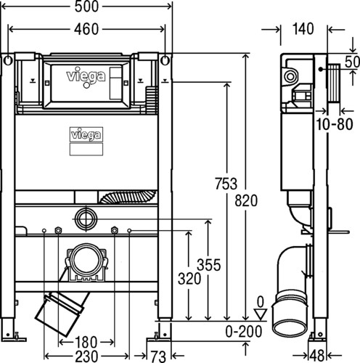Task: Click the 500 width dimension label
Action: point(86,7)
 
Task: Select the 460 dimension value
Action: point(86,29)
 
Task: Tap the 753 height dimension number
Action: point(226,184)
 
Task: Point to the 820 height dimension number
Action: point(246,200)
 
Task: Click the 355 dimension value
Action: point(209,265)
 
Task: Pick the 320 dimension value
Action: point(189,278)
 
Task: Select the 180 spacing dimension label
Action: point(86,342)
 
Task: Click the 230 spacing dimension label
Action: point(86,356)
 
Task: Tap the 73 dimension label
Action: point(158,356)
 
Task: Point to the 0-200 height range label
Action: point(244,331)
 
